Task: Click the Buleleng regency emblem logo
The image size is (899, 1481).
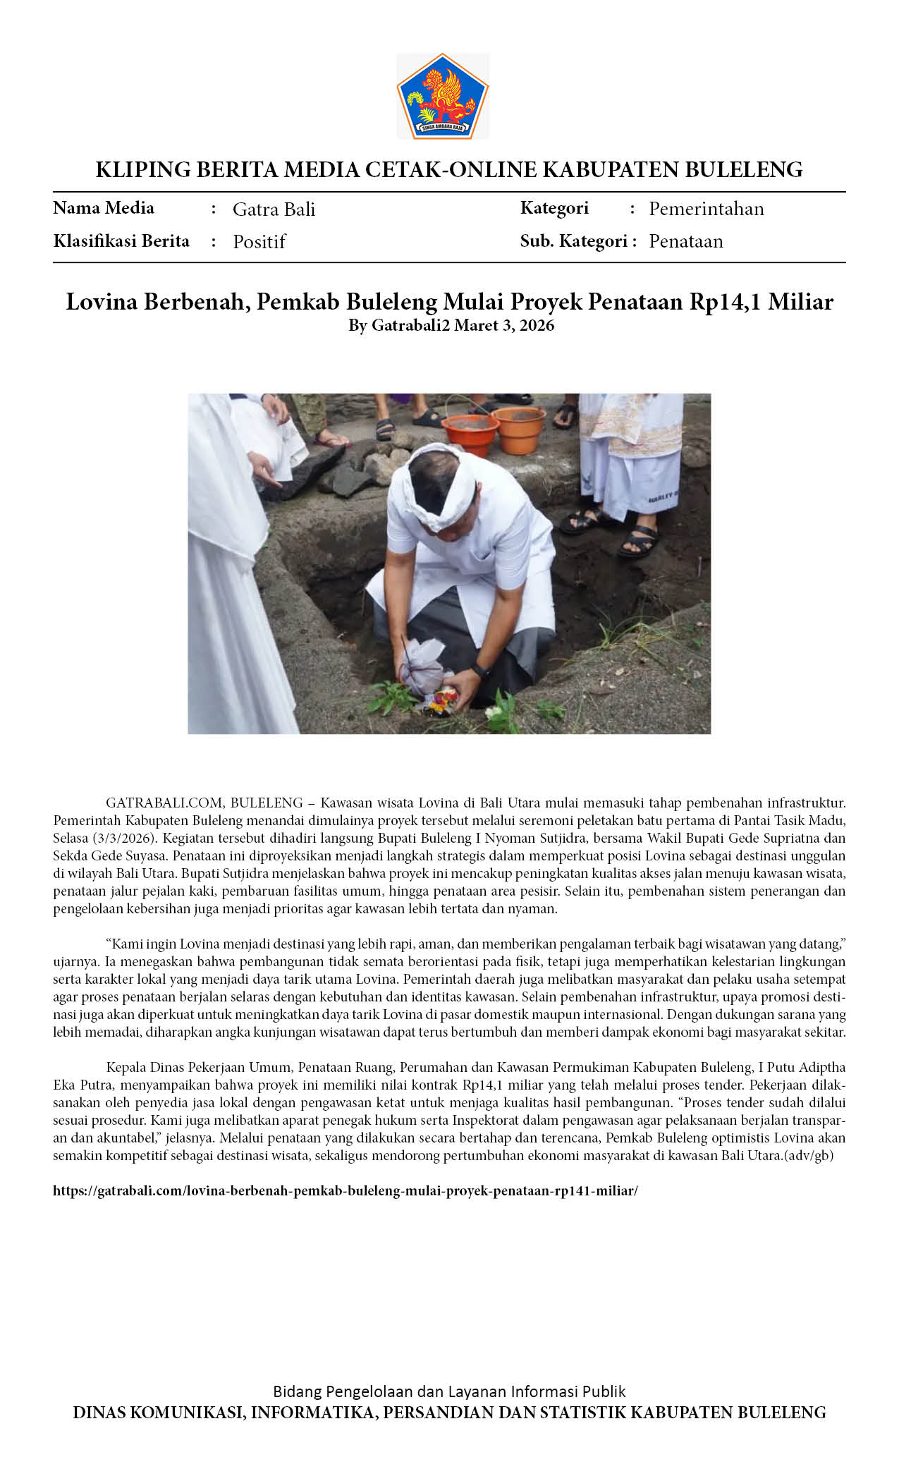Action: (443, 96)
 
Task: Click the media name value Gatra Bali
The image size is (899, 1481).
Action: (274, 209)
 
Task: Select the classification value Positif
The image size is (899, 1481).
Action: (259, 242)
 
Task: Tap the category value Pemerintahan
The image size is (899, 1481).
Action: (706, 209)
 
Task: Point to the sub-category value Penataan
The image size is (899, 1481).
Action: (685, 241)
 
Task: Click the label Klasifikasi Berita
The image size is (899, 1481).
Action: (121, 241)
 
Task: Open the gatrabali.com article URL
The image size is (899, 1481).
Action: (345, 1191)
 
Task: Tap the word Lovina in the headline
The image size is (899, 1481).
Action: (102, 302)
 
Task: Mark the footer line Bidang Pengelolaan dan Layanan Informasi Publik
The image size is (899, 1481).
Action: (449, 1391)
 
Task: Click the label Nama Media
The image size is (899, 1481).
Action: (104, 208)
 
